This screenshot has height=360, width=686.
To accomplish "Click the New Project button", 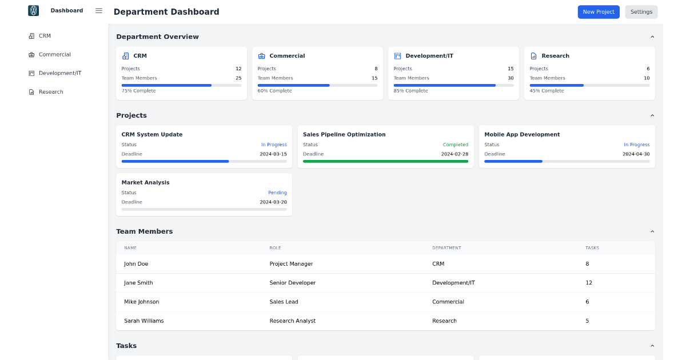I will (599, 12).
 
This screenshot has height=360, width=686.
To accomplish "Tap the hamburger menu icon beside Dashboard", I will (99, 11).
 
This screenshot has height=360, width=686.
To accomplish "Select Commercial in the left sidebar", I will (54, 55).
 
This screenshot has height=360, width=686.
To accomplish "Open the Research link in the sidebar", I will (51, 92).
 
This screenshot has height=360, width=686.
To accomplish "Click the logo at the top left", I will (34, 11).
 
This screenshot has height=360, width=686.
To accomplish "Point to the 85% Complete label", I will (410, 91).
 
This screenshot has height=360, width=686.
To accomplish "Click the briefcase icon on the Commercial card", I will (262, 56).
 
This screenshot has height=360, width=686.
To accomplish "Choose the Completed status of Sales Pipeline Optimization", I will (455, 145).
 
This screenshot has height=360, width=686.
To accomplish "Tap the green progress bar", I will (385, 161).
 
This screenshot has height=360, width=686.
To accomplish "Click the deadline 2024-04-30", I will (636, 154).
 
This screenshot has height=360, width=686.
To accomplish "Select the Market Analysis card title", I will (145, 183).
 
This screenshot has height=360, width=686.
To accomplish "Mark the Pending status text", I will (277, 193).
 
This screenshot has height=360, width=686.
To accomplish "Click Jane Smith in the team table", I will (138, 283).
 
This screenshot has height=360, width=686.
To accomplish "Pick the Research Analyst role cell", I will (292, 321).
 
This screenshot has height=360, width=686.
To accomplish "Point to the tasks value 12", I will (589, 283).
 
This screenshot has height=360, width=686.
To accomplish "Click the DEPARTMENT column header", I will (446, 248).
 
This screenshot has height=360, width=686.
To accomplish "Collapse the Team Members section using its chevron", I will (652, 231).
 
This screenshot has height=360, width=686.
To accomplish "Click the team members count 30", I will (510, 78).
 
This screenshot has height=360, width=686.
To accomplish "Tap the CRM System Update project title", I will (152, 135).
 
